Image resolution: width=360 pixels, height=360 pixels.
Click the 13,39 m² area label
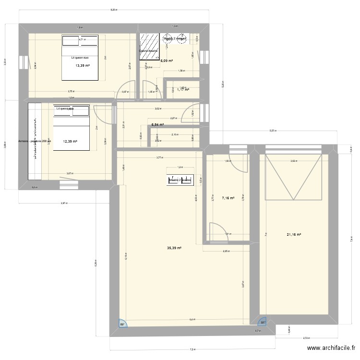tap(83, 66)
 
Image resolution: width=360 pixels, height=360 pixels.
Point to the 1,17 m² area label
tap(183, 89)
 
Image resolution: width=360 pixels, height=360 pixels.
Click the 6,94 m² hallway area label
tap(157, 125)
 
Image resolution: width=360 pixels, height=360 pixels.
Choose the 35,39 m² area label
tap(174, 248)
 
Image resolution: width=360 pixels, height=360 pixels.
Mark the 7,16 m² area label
tap(228, 198)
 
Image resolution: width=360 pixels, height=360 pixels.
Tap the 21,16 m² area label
tap(294, 234)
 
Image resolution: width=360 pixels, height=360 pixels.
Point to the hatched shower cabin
tap(150, 48)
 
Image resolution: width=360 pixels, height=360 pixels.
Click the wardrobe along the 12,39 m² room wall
tap(35, 138)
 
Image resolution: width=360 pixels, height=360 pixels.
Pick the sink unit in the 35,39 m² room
tap(180, 180)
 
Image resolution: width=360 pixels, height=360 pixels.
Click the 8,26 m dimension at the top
tap(114, 10)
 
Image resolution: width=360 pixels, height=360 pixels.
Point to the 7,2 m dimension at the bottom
tap(192, 350)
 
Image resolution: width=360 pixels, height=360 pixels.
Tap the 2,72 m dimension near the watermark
tap(306, 338)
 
